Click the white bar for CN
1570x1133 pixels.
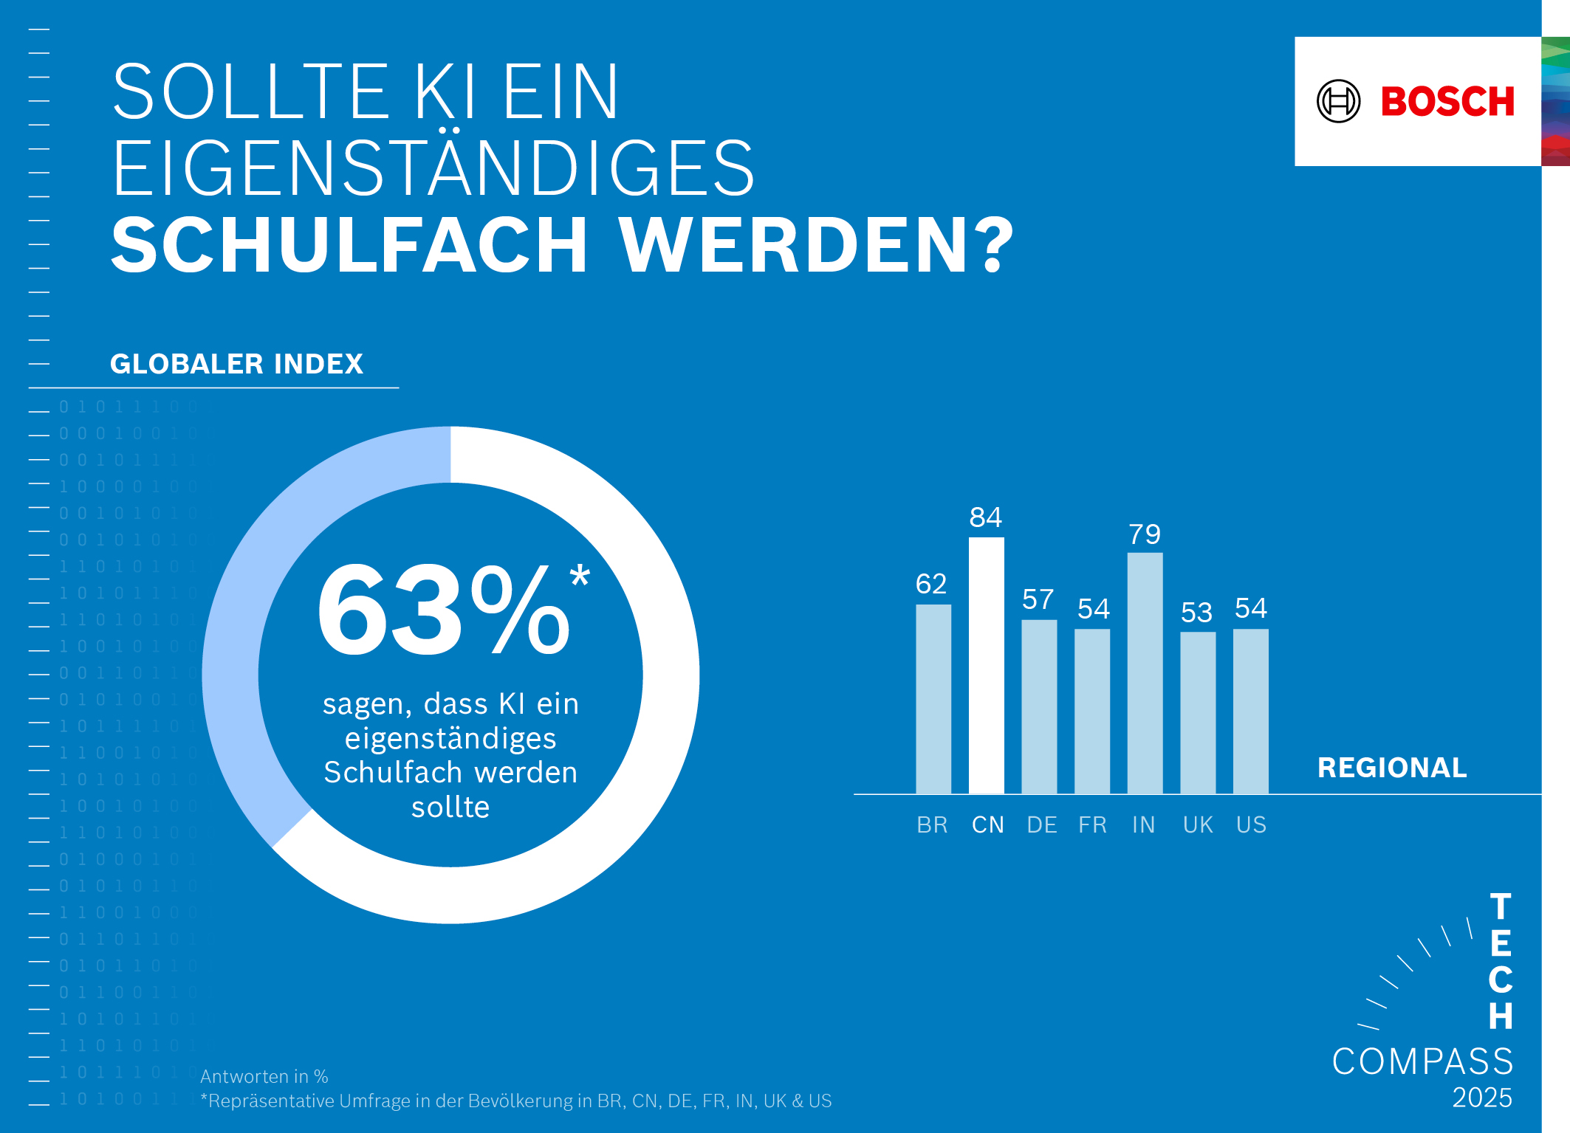(x=986, y=664)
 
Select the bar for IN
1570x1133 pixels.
(x=1145, y=672)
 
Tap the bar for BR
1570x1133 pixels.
(x=933, y=698)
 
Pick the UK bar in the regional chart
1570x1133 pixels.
(x=1197, y=712)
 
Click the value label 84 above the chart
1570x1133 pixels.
(x=985, y=517)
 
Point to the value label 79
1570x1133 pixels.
(x=1144, y=534)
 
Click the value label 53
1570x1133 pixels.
(x=1196, y=613)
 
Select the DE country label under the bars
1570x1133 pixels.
(x=1041, y=824)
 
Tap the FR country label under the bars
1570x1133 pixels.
(x=1092, y=824)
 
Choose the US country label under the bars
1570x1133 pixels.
(x=1251, y=824)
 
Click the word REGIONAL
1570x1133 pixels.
(x=1392, y=768)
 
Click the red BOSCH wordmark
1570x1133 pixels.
(x=1447, y=101)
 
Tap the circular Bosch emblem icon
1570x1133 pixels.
(x=1338, y=101)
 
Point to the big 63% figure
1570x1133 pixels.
(x=443, y=611)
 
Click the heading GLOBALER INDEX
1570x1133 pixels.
(x=236, y=364)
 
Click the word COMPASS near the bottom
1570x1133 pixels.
(x=1422, y=1061)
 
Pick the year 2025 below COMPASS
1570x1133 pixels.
(x=1481, y=1098)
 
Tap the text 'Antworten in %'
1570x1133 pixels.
(x=264, y=1076)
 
